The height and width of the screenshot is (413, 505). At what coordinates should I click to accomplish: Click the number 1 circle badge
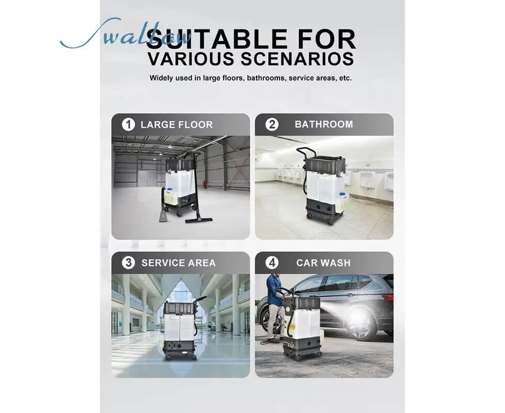128,124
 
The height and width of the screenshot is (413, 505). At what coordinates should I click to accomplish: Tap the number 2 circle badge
272,124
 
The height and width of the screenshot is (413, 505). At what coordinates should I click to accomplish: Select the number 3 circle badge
128,263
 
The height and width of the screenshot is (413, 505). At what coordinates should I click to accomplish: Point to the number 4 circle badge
272,263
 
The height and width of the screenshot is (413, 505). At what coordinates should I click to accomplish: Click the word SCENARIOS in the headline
298,58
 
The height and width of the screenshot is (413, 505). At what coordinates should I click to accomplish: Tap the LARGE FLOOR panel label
176,124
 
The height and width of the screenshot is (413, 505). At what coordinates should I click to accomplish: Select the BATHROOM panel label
324,124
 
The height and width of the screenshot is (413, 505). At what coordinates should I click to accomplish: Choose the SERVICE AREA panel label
178,263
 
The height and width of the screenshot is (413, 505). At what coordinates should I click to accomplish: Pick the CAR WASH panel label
323,263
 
